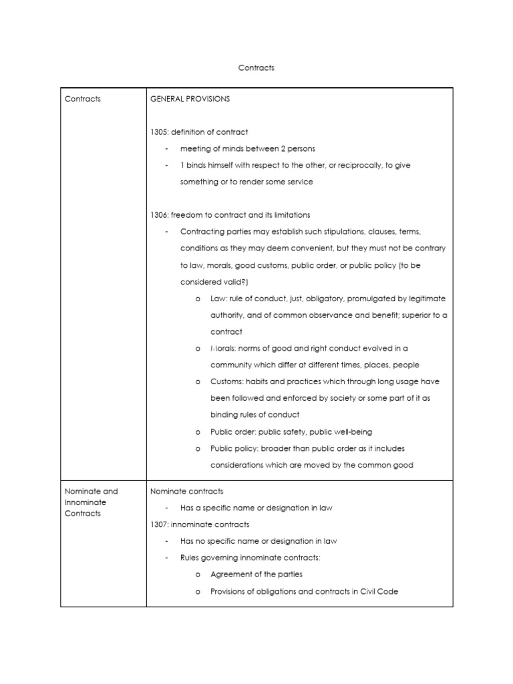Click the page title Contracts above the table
click(x=256, y=67)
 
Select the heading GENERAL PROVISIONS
click(x=190, y=99)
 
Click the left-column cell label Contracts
click(x=83, y=99)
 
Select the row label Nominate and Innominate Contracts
click(x=91, y=502)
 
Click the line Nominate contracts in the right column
click(x=186, y=491)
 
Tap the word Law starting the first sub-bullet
click(x=218, y=299)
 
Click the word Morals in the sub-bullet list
click(x=223, y=349)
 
